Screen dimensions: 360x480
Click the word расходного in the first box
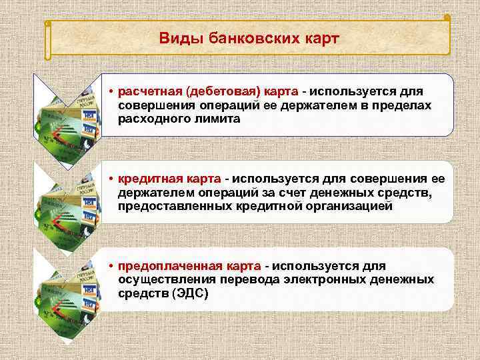(x=151, y=119)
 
